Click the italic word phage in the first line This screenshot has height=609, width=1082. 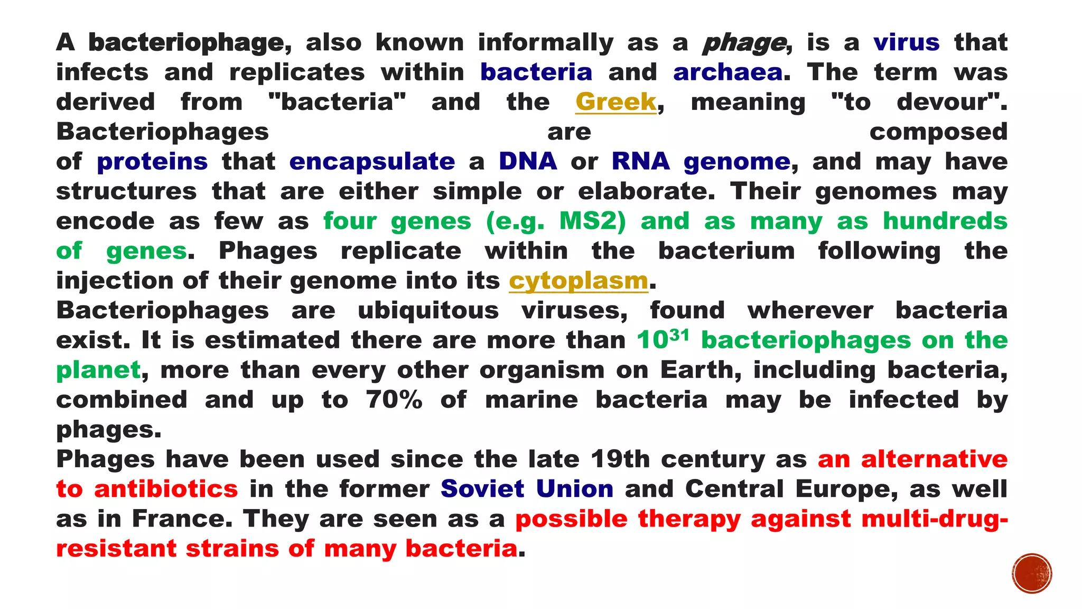tap(744, 43)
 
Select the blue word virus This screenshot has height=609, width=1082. tap(906, 43)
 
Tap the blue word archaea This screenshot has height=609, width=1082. tap(727, 72)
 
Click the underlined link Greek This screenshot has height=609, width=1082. tap(615, 102)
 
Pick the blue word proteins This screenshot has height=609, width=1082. tap(152, 162)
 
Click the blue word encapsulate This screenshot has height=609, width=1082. tap(372, 162)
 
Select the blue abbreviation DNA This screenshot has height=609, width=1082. tap(528, 162)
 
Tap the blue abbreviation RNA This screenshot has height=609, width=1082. tap(640, 162)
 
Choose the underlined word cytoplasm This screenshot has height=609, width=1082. tap(579, 281)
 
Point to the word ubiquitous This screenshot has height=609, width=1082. tap(428, 310)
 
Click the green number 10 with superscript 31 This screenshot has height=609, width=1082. tap(663, 340)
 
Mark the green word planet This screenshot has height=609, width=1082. tap(98, 370)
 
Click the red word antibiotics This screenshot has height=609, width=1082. tap(166, 489)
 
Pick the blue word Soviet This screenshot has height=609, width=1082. tap(482, 489)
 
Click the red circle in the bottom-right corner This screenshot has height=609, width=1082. tap(1032, 574)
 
